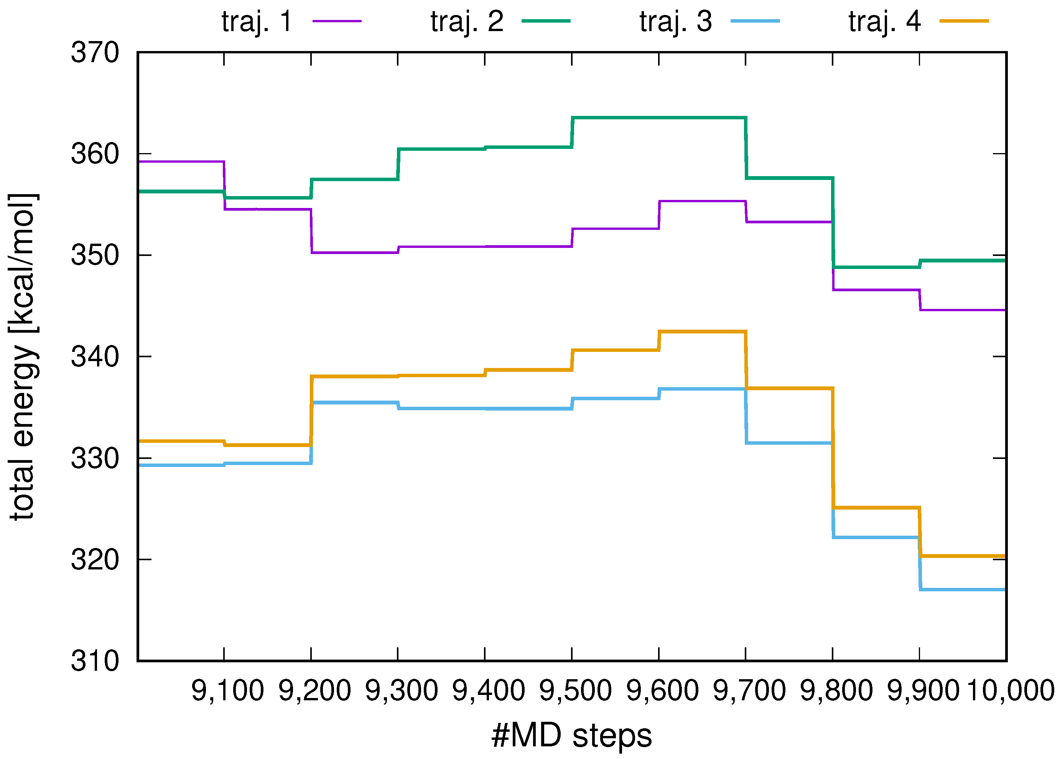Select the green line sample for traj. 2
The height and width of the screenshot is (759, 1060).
(545, 21)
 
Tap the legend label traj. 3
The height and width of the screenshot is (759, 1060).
(675, 21)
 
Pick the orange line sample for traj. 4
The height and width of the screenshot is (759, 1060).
(964, 21)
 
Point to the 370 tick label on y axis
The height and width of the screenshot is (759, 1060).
(95, 53)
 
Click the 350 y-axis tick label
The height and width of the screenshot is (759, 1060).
(95, 256)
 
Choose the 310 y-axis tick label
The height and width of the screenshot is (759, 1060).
(95, 661)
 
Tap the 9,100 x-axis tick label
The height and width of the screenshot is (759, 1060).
(227, 691)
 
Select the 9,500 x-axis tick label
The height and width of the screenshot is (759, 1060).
(575, 691)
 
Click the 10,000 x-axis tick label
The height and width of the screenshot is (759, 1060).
(1011, 691)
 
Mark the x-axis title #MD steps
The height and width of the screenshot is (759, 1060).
(571, 736)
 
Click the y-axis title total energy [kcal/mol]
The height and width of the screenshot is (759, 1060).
(22, 356)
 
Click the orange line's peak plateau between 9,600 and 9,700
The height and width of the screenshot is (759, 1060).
(702, 332)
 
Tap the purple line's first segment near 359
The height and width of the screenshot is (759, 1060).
(181, 162)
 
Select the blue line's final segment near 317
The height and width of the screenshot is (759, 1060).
(962, 590)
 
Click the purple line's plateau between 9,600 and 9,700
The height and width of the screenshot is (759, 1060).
(702, 201)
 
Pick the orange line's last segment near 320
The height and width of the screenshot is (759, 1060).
(962, 556)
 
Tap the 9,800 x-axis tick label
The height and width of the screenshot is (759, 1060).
(836, 691)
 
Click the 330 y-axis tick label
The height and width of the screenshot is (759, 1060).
(95, 459)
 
